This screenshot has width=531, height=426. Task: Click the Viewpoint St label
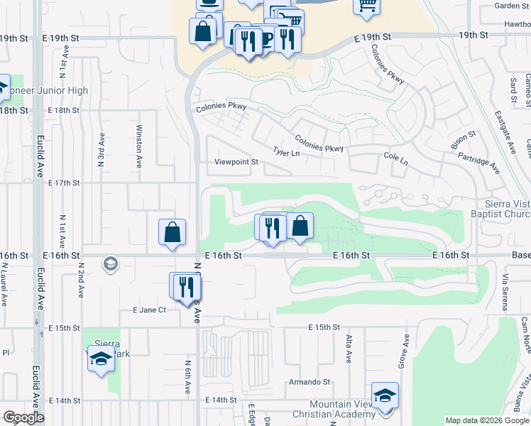point(236,162)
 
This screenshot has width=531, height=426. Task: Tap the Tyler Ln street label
point(287,152)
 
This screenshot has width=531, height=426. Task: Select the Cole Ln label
point(395,158)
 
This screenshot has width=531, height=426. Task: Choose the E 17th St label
point(64,182)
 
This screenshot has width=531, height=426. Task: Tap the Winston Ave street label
point(139,142)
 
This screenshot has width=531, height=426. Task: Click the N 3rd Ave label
point(102,149)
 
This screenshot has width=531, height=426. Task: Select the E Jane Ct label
point(149,310)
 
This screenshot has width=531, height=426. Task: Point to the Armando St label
point(310,382)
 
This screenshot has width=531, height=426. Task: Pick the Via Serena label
point(505,292)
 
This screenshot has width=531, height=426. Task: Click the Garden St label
point(511,6)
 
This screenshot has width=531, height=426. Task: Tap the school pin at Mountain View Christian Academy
point(385,395)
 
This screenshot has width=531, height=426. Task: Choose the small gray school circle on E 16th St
point(110,264)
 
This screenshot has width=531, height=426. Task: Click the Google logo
point(24,417)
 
